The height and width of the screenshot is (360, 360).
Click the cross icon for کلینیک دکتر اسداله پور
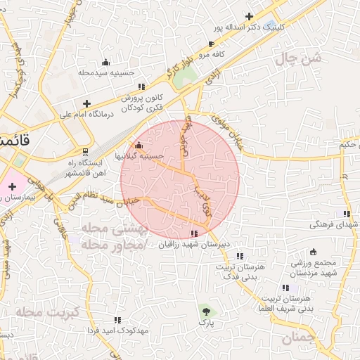tap(250, 16)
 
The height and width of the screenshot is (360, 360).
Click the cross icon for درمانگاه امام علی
tap(86, 103)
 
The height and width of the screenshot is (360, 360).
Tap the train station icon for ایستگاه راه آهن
tap(86, 151)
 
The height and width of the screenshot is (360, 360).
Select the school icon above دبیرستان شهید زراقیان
tap(195, 233)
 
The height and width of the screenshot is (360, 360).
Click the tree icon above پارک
tap(205, 310)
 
